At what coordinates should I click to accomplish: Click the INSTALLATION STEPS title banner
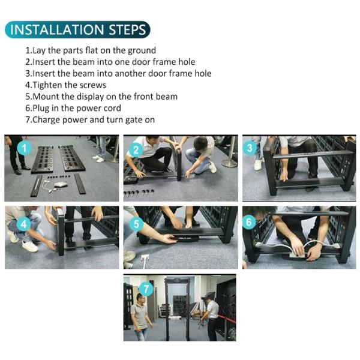pos(77,29)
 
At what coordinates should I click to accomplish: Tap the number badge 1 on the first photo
pos(24,148)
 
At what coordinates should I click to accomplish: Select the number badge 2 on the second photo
pos(136,150)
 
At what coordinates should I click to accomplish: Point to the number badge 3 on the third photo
pos(250,148)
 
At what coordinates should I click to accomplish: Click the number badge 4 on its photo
pos(23,224)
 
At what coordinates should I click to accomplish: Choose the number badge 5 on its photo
pos(136,224)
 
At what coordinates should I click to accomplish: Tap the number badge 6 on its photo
pos(250,222)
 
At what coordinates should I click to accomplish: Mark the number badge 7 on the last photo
pos(146,289)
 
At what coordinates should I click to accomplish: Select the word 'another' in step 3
pos(130,73)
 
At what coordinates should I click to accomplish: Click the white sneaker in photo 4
pos(30,246)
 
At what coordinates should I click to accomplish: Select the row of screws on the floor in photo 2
pos(139,193)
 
